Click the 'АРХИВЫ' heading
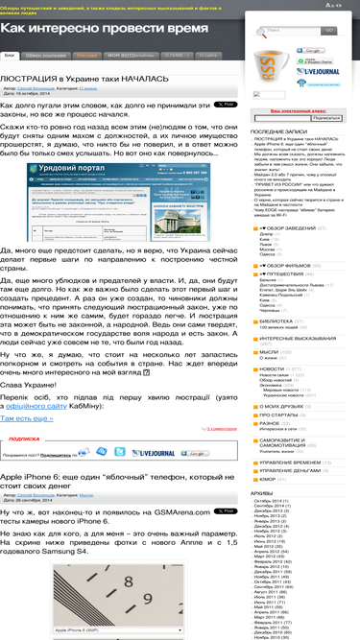click(263, 492)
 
